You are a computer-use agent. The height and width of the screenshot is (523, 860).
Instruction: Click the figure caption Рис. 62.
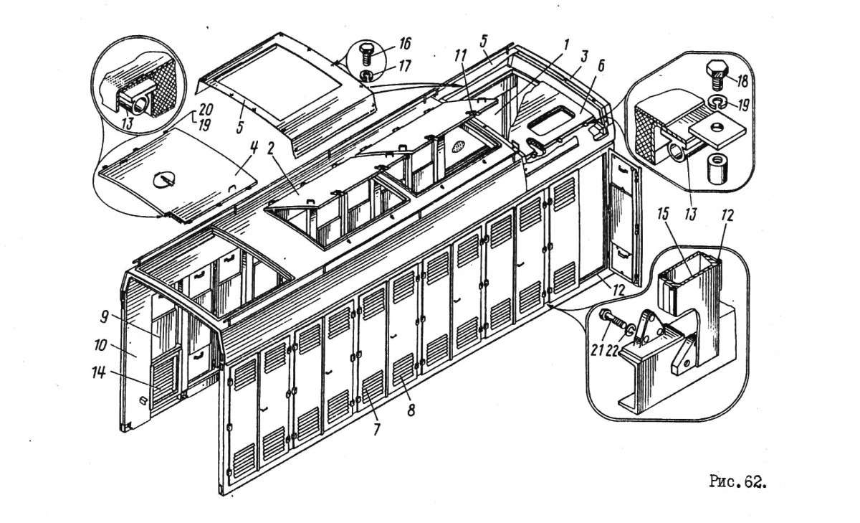point(737,481)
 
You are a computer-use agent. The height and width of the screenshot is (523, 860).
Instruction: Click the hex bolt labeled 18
point(717,75)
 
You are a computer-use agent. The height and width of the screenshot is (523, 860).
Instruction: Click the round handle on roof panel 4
point(165,180)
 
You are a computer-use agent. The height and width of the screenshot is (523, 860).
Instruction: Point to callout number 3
point(584,57)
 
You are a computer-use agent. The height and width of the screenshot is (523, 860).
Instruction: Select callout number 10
point(100,345)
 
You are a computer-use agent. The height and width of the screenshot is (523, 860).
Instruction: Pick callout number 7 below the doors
point(377,429)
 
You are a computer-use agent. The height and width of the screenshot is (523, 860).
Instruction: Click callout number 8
point(411,410)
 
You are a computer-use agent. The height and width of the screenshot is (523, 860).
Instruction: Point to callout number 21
point(596,349)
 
